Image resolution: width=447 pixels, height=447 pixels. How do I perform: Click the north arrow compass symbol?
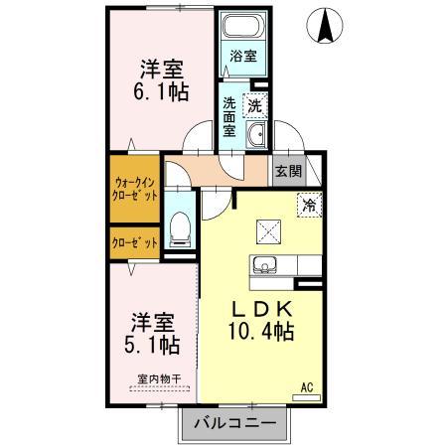pos(325,27)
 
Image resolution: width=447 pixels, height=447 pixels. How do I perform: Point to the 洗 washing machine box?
pos(256,102)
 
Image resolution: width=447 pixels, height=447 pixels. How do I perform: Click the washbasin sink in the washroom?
pos(255,135)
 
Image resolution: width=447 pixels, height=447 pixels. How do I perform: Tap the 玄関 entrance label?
pos(288,171)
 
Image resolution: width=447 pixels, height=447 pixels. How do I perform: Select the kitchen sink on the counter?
pos(265,265)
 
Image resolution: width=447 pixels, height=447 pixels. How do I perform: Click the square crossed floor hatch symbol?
pos(269,230)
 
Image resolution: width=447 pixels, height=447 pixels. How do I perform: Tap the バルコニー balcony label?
pos(235,420)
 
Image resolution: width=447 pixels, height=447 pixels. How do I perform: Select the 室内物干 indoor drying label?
pos(154,377)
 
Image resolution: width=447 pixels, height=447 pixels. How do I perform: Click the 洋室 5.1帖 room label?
pos(153,335)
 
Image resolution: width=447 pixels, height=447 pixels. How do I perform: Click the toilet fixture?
pos(180,226)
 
